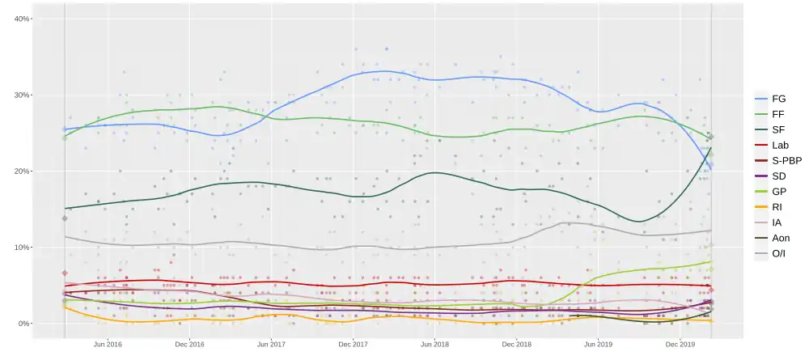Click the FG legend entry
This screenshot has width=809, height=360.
(778, 99)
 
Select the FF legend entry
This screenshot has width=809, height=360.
(778, 114)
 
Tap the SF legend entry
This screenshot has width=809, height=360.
(778, 129)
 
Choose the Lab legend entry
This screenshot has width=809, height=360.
(780, 145)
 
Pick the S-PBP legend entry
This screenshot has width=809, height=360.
(786, 160)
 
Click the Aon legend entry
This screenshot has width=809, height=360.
(781, 237)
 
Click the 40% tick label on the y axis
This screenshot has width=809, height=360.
(22, 19)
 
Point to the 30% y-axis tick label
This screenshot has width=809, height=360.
(22, 95)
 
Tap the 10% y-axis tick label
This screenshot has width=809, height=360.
(22, 248)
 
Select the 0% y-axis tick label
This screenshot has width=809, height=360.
(24, 324)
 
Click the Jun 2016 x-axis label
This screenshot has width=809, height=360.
(108, 344)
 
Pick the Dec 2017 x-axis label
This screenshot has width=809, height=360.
(354, 344)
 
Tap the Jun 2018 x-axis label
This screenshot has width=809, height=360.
(435, 344)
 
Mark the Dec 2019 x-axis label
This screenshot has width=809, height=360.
(681, 344)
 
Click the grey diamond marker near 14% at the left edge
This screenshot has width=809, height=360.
(65, 218)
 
